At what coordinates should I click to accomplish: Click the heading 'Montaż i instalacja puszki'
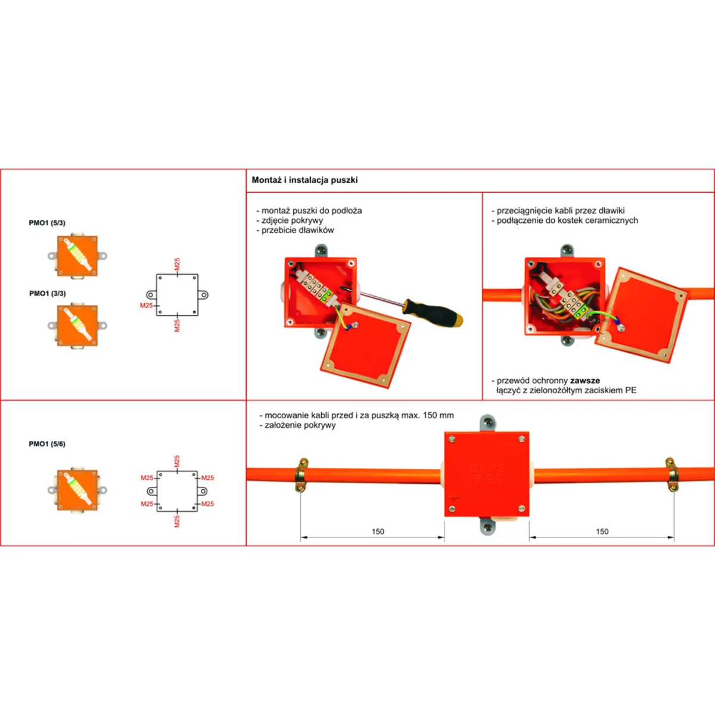coord(304,180)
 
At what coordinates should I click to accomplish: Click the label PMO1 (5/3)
coord(47,223)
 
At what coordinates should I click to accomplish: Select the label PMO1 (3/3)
coord(48,294)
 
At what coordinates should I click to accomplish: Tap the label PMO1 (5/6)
coord(47,444)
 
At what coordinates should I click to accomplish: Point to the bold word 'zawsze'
coord(585,380)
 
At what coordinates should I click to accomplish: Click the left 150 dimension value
coord(378,531)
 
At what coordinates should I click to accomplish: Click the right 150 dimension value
coord(602,531)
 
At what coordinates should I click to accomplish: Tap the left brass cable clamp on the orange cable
coord(301,474)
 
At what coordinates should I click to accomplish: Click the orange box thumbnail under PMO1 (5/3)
coord(77,256)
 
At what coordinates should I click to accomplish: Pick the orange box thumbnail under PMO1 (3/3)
coord(77,325)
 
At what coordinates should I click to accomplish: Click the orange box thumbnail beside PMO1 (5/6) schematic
coord(77,490)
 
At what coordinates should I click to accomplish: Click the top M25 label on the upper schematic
coord(177,264)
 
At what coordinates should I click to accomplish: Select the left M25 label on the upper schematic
coord(146,306)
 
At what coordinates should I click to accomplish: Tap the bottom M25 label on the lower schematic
coord(177,521)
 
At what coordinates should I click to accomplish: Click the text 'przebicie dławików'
coord(297,230)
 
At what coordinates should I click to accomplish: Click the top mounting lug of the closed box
coord(487,424)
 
